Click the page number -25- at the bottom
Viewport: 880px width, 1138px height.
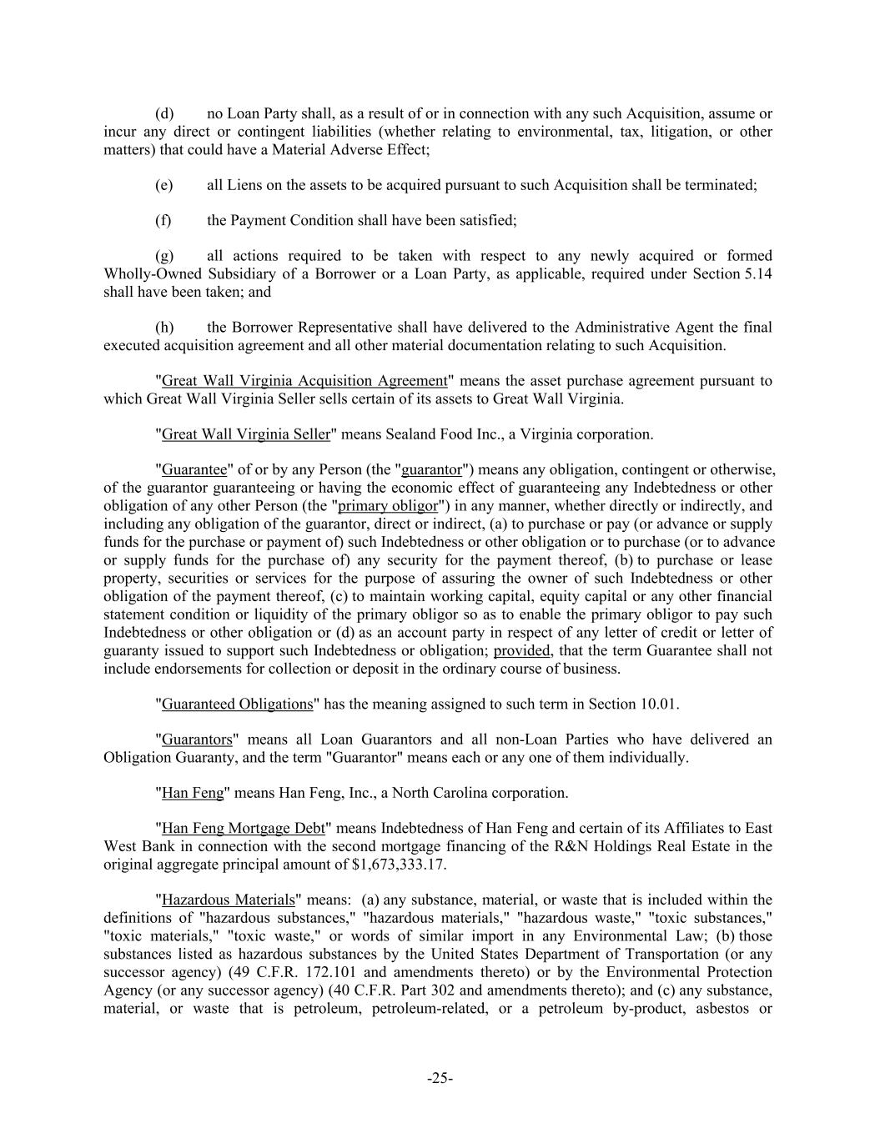click(440, 1079)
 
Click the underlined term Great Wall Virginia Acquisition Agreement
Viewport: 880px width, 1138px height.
click(304, 381)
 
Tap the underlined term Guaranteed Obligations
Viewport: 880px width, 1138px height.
click(237, 704)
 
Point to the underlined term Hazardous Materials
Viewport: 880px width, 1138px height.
click(229, 900)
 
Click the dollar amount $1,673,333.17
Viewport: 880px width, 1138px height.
click(400, 865)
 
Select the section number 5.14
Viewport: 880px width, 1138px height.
click(757, 274)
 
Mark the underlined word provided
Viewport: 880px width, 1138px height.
click(521, 650)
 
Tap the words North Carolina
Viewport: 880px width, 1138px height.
click(438, 793)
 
